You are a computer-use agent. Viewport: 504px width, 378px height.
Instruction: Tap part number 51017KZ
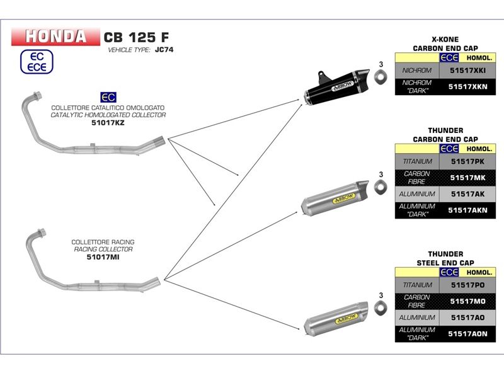(108, 123)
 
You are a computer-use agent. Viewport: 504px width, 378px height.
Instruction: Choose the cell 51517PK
(467, 163)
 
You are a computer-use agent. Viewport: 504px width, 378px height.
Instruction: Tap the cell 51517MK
(467, 178)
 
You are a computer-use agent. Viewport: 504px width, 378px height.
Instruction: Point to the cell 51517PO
(467, 286)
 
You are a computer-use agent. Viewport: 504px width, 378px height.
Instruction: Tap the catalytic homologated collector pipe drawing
(94, 129)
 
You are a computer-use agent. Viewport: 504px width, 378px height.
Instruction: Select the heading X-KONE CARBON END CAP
(445, 43)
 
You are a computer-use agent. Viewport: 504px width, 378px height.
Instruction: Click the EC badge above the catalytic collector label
(108, 98)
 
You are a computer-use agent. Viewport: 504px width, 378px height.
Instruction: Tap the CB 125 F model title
(136, 37)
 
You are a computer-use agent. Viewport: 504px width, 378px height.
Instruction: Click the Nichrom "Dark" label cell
(416, 87)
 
